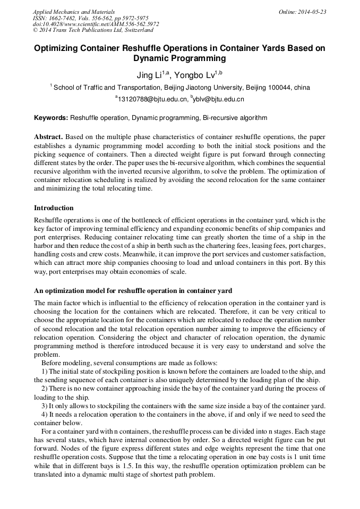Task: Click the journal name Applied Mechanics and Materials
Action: pos(74,12)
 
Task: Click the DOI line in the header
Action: pos(96,24)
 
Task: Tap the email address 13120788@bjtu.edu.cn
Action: pos(153,99)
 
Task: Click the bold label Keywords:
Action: pos(51,117)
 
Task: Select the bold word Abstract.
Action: pos(49,136)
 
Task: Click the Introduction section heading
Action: pos(54,208)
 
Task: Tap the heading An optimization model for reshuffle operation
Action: pos(133,290)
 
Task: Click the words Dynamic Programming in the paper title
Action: pos(179,58)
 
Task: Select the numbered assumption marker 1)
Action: pos(45,372)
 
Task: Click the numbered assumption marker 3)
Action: pos(45,406)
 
